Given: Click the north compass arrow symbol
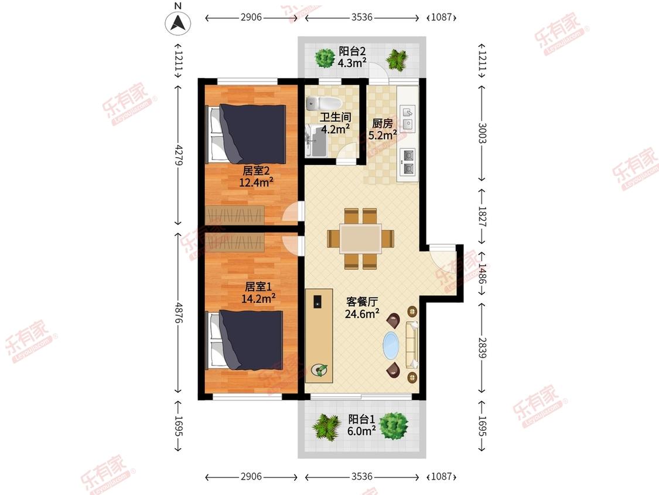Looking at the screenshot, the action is pyautogui.click(x=177, y=22).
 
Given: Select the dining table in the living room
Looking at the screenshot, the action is pyautogui.click(x=361, y=238).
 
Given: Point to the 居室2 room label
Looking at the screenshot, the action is pyautogui.click(x=255, y=171).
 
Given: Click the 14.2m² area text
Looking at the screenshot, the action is pyautogui.click(x=258, y=299).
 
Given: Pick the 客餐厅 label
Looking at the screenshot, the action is pyautogui.click(x=362, y=301).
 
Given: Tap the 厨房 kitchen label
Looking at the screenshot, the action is pyautogui.click(x=383, y=123).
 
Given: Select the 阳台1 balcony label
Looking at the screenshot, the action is pyautogui.click(x=361, y=419).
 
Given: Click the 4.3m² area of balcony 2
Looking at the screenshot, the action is pyautogui.click(x=352, y=63).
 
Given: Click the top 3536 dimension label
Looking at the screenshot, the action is pyautogui.click(x=362, y=17).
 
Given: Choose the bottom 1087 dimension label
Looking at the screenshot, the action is pyautogui.click(x=441, y=476).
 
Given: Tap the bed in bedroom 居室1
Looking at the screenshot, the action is pyautogui.click(x=245, y=340).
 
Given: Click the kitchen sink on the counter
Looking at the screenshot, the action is pyautogui.click(x=408, y=118).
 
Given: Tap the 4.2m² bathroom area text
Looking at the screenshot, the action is pyautogui.click(x=336, y=129).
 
